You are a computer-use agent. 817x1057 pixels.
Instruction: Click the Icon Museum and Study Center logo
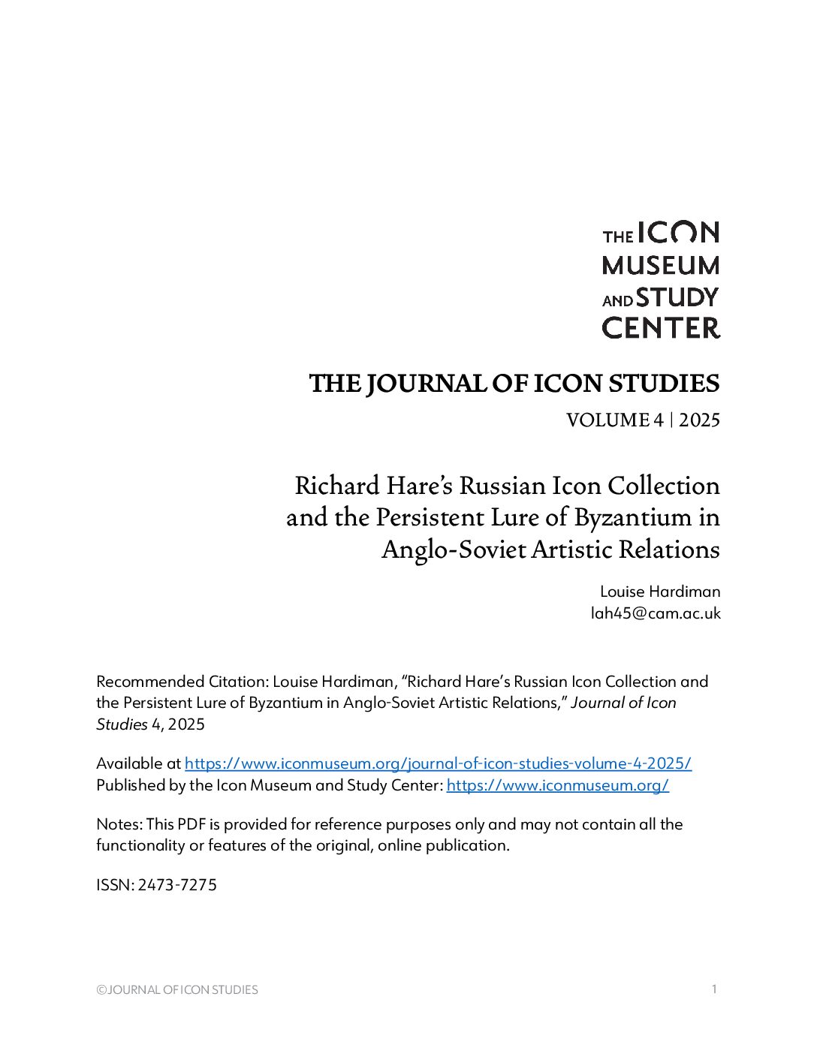(x=661, y=279)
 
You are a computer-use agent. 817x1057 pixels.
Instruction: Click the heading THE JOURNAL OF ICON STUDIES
(x=514, y=384)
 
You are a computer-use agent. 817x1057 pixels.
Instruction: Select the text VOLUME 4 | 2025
(x=643, y=420)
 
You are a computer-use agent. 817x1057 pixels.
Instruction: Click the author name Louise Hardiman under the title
(x=659, y=592)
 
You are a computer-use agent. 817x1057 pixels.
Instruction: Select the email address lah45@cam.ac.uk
(x=655, y=613)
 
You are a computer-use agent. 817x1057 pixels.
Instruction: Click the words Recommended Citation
(x=182, y=682)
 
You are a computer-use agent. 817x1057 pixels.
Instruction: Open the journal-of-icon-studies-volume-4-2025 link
(x=438, y=763)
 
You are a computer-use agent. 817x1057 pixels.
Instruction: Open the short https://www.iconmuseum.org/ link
(x=557, y=785)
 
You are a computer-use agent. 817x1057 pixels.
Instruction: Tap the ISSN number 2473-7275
(x=177, y=885)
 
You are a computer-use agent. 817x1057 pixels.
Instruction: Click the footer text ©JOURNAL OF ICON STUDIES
(x=177, y=990)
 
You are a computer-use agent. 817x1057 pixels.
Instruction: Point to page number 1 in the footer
(x=714, y=989)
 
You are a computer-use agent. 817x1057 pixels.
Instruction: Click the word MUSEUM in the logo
(x=661, y=266)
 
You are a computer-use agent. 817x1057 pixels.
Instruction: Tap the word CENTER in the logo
(x=661, y=328)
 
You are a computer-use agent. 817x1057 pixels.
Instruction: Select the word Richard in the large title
(x=336, y=486)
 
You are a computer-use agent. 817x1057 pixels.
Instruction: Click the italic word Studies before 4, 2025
(x=122, y=724)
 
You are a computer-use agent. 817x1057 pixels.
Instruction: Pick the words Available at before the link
(x=138, y=763)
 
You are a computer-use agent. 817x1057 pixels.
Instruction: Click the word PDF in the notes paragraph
(x=191, y=824)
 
